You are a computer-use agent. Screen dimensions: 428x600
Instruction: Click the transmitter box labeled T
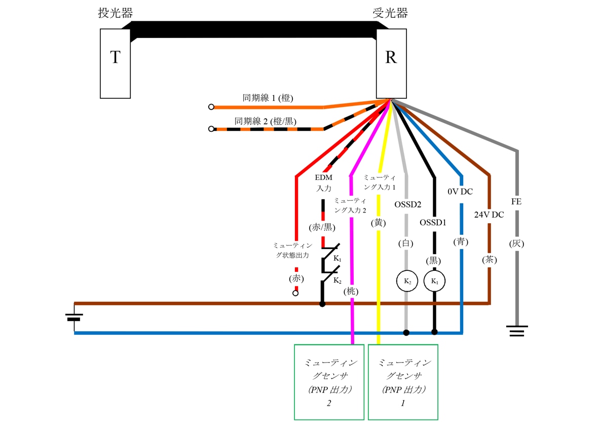pos(115,63)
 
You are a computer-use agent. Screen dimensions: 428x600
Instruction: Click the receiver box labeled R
pos(391,63)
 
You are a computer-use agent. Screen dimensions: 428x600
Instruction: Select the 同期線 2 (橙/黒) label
pos(265,121)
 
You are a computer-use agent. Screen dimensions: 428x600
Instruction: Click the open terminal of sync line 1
pos(211,107)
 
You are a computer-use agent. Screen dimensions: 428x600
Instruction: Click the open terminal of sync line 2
pos(211,129)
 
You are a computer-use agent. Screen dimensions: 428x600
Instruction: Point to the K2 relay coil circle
pos(406,281)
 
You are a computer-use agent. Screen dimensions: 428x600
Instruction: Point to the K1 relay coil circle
pos(434,281)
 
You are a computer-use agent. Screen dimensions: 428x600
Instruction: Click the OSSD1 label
pos(433,222)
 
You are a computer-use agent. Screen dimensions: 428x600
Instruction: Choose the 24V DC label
pos(489,215)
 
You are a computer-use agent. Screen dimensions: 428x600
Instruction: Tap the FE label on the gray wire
pos(516,201)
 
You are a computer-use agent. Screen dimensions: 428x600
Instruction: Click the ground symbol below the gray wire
pos(516,331)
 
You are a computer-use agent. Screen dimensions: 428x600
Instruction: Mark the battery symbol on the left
pos(74,318)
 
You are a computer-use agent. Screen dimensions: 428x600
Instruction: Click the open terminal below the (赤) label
pos(296,293)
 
